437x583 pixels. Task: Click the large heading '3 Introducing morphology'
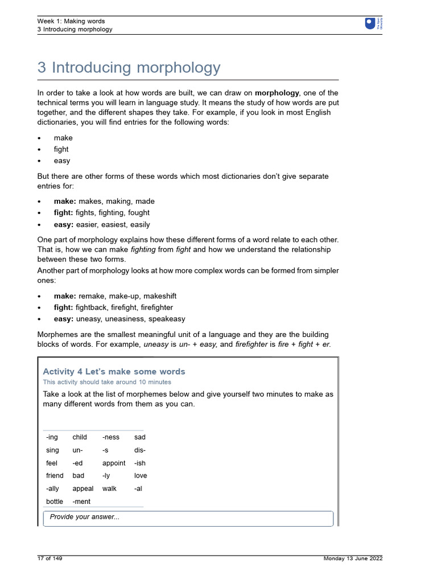[129, 68]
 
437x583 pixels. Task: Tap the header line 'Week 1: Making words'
[71, 21]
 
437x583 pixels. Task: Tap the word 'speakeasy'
[166, 319]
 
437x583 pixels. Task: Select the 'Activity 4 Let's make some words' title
[114, 372]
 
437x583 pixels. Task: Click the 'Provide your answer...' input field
[188, 518]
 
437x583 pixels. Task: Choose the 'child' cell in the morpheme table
[80, 437]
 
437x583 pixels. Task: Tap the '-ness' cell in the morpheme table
[111, 437]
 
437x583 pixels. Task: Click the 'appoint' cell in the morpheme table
[114, 463]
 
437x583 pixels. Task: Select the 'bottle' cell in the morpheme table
[55, 502]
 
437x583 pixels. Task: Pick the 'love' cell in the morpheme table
[141, 475]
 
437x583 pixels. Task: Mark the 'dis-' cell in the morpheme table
[140, 450]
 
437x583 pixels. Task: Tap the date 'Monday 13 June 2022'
[353, 559]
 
